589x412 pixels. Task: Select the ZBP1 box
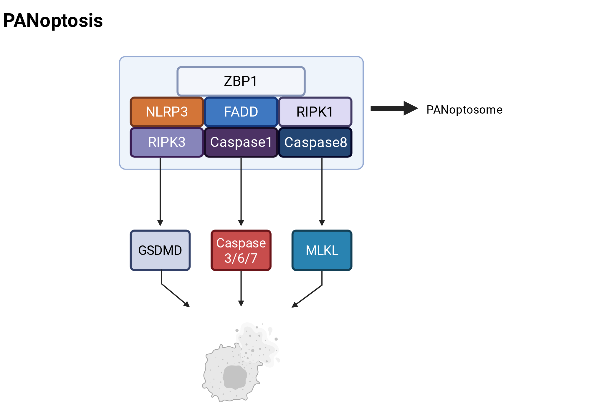pyautogui.click(x=241, y=81)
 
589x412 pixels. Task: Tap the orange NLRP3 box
pyautogui.click(x=167, y=112)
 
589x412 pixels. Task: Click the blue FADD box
pyautogui.click(x=241, y=112)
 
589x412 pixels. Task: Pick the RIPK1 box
pyautogui.click(x=315, y=112)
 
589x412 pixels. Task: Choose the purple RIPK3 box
pyautogui.click(x=167, y=142)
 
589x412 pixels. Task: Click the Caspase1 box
pyautogui.click(x=241, y=142)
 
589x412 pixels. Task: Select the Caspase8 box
pyautogui.click(x=315, y=142)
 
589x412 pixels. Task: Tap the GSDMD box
pyautogui.click(x=160, y=250)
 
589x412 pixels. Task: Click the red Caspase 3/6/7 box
pyautogui.click(x=241, y=250)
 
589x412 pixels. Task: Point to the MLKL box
pyautogui.click(x=322, y=250)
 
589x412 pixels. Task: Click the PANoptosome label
pyautogui.click(x=464, y=110)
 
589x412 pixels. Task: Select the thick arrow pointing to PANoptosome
pyautogui.click(x=394, y=108)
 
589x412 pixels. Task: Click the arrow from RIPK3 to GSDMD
pyautogui.click(x=160, y=192)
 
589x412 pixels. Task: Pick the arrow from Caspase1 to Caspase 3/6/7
pyautogui.click(x=241, y=192)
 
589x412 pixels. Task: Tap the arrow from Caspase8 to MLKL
pyautogui.click(x=322, y=192)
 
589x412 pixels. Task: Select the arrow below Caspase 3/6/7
pyautogui.click(x=241, y=288)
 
